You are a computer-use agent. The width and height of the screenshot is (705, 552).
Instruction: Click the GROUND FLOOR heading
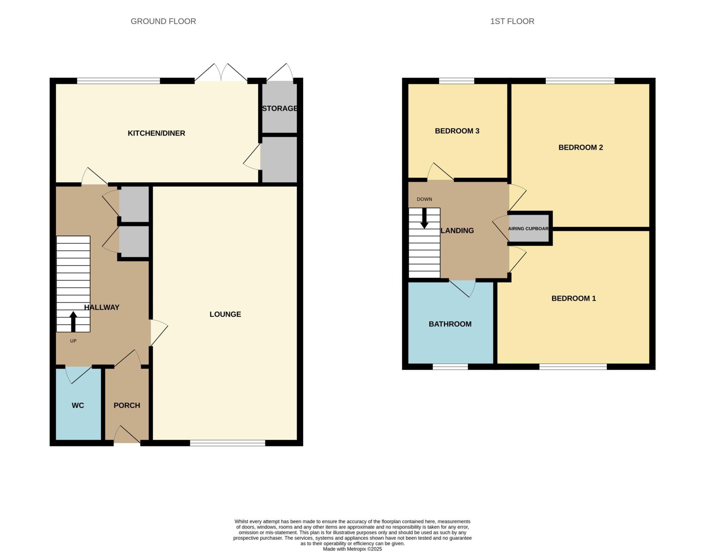click(x=163, y=21)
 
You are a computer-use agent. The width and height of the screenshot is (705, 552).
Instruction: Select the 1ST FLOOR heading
click(x=512, y=21)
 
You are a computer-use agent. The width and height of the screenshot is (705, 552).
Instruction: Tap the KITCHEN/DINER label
click(x=156, y=133)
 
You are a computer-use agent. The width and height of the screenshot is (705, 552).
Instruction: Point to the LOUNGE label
click(x=225, y=314)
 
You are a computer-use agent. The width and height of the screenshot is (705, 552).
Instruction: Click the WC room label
click(x=78, y=405)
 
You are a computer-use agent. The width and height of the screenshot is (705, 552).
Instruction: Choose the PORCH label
click(x=127, y=405)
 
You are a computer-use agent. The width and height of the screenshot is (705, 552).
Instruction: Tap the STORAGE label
click(x=280, y=108)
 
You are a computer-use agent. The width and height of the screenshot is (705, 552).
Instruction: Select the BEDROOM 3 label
click(x=457, y=131)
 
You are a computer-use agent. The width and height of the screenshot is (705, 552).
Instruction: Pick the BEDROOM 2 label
click(x=580, y=147)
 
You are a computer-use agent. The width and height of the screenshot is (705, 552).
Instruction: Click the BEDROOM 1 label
click(x=574, y=298)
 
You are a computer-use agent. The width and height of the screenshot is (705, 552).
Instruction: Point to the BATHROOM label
click(x=450, y=324)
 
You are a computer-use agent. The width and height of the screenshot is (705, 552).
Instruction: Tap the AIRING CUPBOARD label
click(x=528, y=229)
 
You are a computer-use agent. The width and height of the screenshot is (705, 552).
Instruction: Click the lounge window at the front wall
click(x=228, y=443)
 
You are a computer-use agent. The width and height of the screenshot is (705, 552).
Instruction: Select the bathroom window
click(x=450, y=367)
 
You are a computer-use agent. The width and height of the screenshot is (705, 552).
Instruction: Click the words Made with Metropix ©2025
click(x=352, y=549)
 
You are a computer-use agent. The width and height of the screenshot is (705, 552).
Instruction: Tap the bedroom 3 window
click(x=456, y=81)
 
